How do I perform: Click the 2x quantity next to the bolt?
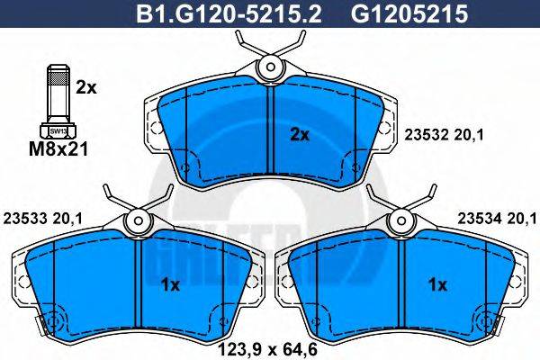[85, 87]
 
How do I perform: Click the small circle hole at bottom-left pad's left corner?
[49, 320]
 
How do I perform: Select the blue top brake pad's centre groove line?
[270, 135]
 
